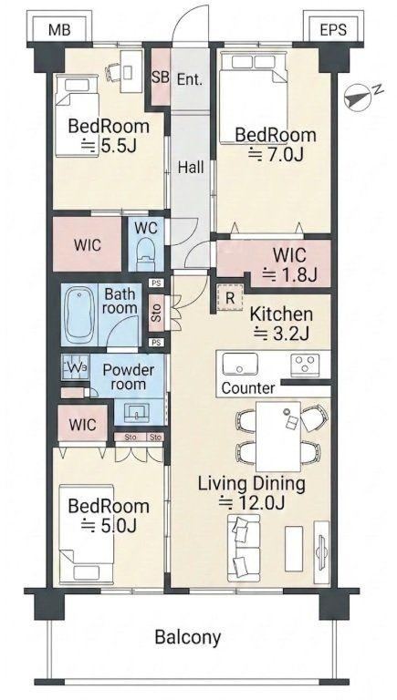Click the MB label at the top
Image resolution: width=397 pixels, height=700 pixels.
[x=59, y=30]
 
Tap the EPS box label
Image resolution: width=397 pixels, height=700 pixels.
[x=333, y=30]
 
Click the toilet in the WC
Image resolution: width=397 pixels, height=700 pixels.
[x=145, y=253]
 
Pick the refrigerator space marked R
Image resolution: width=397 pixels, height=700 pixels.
[x=230, y=298]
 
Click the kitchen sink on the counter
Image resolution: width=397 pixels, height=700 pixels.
[x=240, y=364]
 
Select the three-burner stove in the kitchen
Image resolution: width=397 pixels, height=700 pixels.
[x=305, y=363]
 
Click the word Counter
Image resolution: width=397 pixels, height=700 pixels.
[x=248, y=388]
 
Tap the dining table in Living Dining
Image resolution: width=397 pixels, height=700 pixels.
[x=278, y=437]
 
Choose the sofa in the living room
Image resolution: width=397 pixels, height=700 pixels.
[x=244, y=548]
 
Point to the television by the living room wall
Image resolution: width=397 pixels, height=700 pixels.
[x=321, y=552]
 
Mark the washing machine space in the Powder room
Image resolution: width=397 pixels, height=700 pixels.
[x=75, y=366]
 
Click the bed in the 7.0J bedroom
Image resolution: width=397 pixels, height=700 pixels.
[x=253, y=98]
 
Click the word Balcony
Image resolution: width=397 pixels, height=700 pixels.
[x=188, y=637]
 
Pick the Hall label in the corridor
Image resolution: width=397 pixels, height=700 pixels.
[x=191, y=168]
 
